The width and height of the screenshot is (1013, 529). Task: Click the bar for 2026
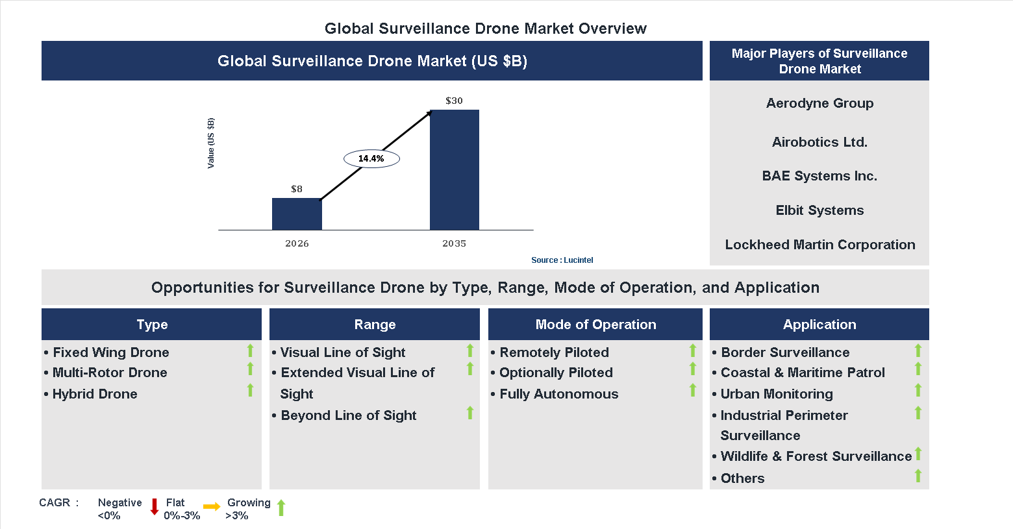[297, 214]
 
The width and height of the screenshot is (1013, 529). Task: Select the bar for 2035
[455, 170]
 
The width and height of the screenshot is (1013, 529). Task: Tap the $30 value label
[454, 101]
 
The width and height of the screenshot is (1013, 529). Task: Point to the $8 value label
[297, 189]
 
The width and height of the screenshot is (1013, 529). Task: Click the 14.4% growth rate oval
[371, 158]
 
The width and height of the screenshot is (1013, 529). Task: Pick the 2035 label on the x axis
[454, 243]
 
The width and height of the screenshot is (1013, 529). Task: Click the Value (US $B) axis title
[210, 143]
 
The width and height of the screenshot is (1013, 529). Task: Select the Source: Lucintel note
[562, 260]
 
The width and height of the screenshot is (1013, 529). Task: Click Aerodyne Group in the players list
[819, 103]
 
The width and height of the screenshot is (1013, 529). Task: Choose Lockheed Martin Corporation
[819, 245]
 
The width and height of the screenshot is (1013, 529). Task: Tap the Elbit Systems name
[819, 210]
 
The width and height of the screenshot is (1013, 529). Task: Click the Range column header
[375, 325]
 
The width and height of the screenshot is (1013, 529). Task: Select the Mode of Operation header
[595, 325]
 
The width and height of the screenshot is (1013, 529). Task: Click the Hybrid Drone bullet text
[95, 394]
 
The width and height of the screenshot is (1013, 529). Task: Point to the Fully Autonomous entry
[558, 394]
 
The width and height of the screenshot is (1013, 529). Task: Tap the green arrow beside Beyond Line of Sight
[470, 413]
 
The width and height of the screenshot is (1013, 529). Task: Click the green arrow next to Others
[918, 476]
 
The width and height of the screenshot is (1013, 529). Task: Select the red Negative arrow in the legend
[155, 507]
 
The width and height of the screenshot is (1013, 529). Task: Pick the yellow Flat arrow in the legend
[212, 507]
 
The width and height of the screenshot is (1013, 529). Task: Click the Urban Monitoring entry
[777, 394]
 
